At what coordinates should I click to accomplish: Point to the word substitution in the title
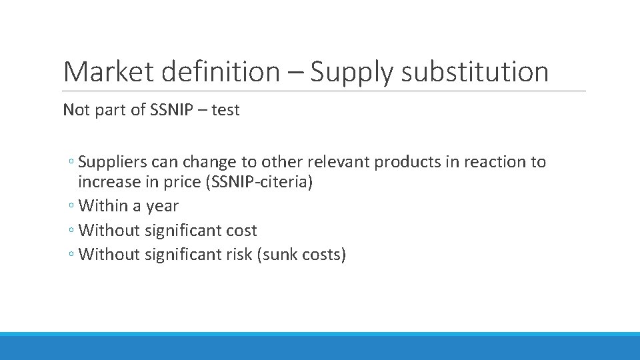point(475,72)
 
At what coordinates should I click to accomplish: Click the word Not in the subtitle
point(75,110)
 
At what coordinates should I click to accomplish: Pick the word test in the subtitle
point(225,110)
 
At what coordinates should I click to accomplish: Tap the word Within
point(103,207)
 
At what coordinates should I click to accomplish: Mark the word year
point(163,207)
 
